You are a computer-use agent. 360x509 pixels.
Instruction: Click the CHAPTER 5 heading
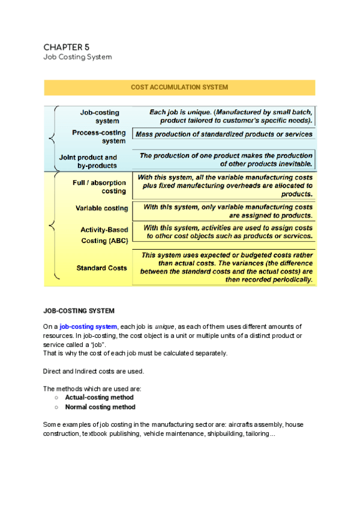tap(67, 47)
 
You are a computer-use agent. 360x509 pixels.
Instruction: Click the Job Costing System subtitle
tap(77, 58)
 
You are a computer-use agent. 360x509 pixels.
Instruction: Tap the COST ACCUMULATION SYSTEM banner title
tap(179, 88)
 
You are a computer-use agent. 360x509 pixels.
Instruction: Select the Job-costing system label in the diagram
tap(100, 116)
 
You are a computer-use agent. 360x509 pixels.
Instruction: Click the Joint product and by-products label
tap(88, 161)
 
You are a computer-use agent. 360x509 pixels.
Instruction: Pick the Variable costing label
tap(101, 208)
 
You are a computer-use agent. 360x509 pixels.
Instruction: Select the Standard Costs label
tap(101, 268)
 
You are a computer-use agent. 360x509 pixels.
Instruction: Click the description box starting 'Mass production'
tap(224, 134)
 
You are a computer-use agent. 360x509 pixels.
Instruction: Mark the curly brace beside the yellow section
tap(53, 227)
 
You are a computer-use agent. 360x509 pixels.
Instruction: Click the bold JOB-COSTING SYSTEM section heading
tap(79, 311)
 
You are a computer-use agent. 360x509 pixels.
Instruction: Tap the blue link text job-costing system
tap(88, 327)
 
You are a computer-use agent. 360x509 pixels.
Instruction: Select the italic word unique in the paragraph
tap(164, 327)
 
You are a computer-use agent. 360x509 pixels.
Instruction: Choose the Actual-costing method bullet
tap(99, 397)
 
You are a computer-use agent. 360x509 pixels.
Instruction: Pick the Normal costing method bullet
tap(100, 407)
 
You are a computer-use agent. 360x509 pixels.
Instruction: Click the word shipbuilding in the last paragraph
tap(221, 434)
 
